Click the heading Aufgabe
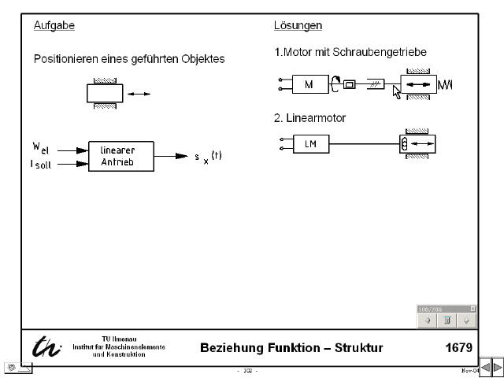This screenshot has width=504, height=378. click(54, 26)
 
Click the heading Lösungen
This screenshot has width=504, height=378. click(298, 26)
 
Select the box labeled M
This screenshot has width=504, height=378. click(308, 84)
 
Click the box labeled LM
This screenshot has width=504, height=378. click(309, 144)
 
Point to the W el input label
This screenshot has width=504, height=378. click(41, 148)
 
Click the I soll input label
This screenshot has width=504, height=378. click(41, 164)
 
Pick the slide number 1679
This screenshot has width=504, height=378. click(458, 348)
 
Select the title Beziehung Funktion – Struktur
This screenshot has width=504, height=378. click(291, 348)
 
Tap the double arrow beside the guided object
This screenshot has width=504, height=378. click(139, 94)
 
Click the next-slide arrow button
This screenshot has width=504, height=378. click(497, 368)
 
